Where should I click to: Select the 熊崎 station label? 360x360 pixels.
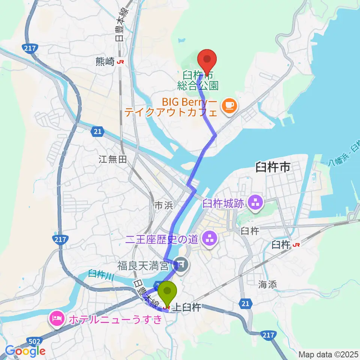pos(105,62)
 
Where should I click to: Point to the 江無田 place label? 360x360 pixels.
pos(113,160)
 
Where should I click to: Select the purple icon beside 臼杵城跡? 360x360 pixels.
pos(257,204)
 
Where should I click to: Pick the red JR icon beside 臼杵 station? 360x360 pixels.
pos(297,245)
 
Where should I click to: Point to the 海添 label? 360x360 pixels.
pos(268,285)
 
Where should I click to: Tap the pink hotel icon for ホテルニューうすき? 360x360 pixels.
pos(57,319)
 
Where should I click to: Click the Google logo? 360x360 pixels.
pos(25,351)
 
